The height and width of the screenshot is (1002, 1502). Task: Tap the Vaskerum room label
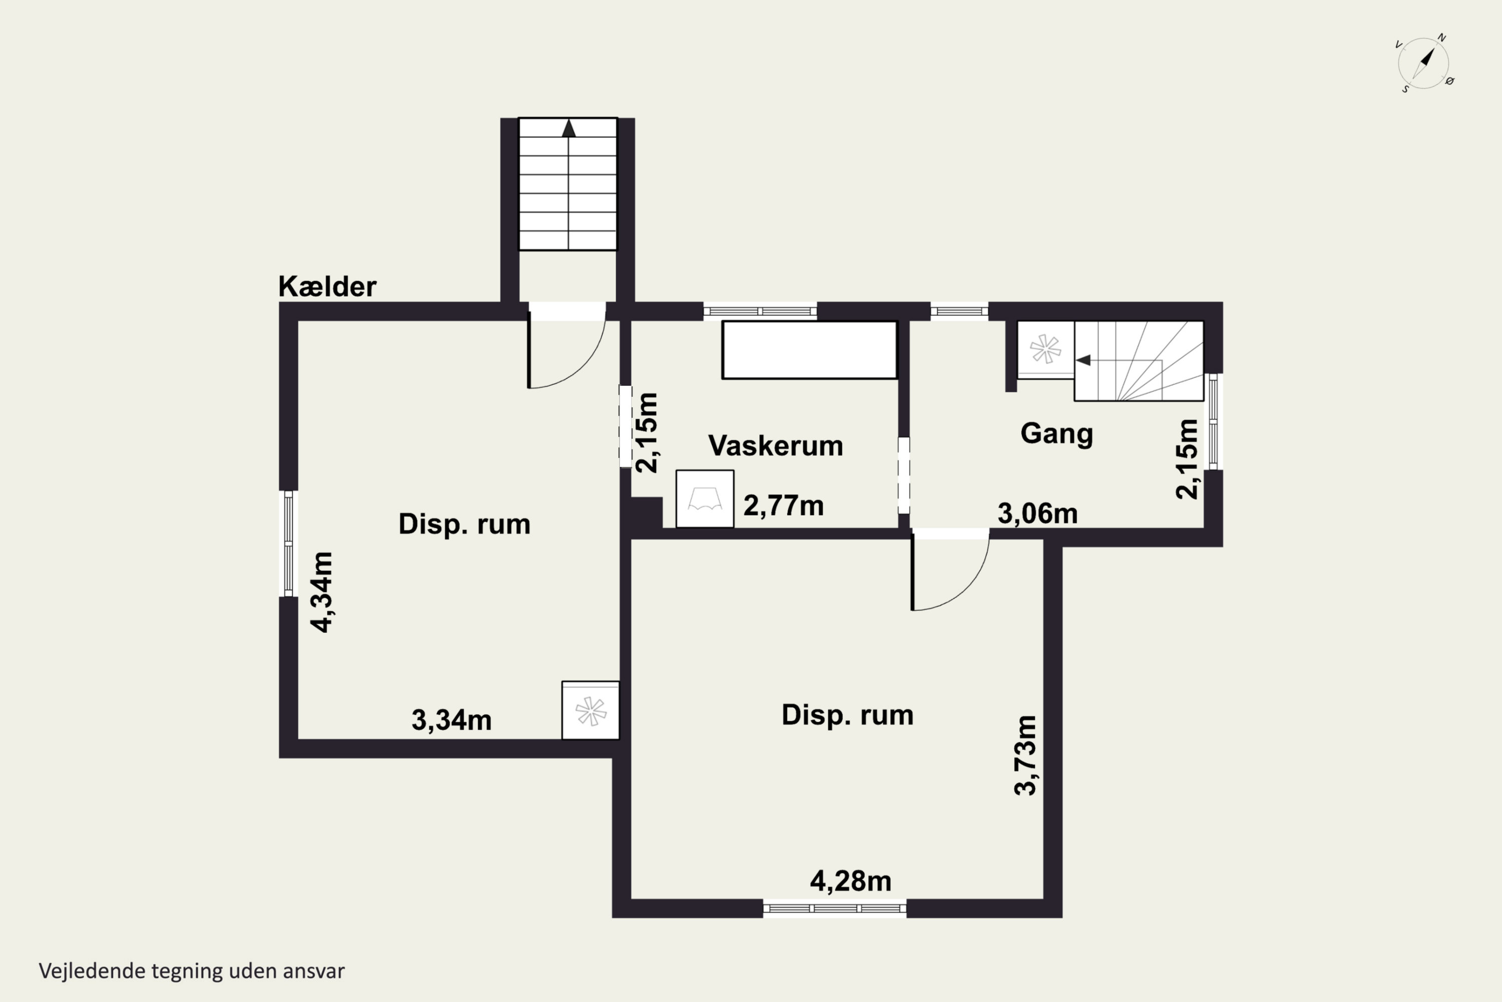tap(775, 445)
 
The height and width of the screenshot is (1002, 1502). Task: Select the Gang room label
tap(1057, 434)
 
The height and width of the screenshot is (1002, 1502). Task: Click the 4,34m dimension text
tap(322, 592)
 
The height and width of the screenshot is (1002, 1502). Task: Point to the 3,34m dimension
tap(452, 720)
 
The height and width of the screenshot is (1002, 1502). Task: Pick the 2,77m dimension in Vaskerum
tap(784, 506)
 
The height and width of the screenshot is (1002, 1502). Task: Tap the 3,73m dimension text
tap(1025, 756)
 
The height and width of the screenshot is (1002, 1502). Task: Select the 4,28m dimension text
tap(851, 881)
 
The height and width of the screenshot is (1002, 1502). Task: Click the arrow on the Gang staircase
tap(1083, 360)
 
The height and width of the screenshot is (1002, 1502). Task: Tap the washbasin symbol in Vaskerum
tap(705, 499)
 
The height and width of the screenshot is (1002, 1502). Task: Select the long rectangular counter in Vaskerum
tap(810, 350)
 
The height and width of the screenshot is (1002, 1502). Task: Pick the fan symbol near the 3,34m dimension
tap(591, 710)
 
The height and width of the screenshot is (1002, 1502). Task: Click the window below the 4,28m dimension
tap(835, 908)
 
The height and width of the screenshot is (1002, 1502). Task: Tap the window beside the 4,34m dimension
tap(289, 543)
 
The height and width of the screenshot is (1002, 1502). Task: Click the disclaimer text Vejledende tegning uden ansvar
tap(192, 971)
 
